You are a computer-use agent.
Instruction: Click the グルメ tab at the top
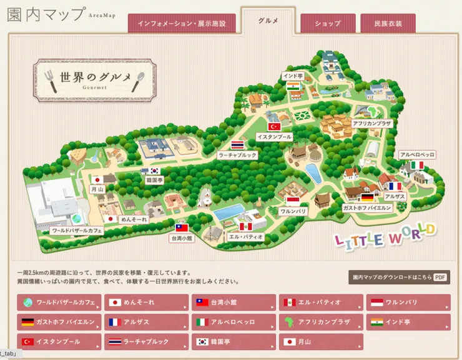coord(267,21)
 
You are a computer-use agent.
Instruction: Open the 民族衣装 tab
coord(388,24)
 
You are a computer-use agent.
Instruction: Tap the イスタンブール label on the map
coord(274,136)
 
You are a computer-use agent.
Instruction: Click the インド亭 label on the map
coord(293,76)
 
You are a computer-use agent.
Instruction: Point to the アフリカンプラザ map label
coord(372,124)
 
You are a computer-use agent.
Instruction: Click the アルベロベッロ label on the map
coord(417,154)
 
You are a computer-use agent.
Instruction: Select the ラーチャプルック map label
coord(237,154)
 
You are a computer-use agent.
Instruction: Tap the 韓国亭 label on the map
coord(154,179)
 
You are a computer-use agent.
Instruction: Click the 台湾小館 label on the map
coord(182,238)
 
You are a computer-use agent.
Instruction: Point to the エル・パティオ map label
coord(245,237)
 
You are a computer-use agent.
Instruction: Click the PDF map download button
coord(398,277)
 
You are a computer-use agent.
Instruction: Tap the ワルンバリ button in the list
coord(408,302)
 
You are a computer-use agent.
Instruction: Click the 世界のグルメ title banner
coord(94,79)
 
